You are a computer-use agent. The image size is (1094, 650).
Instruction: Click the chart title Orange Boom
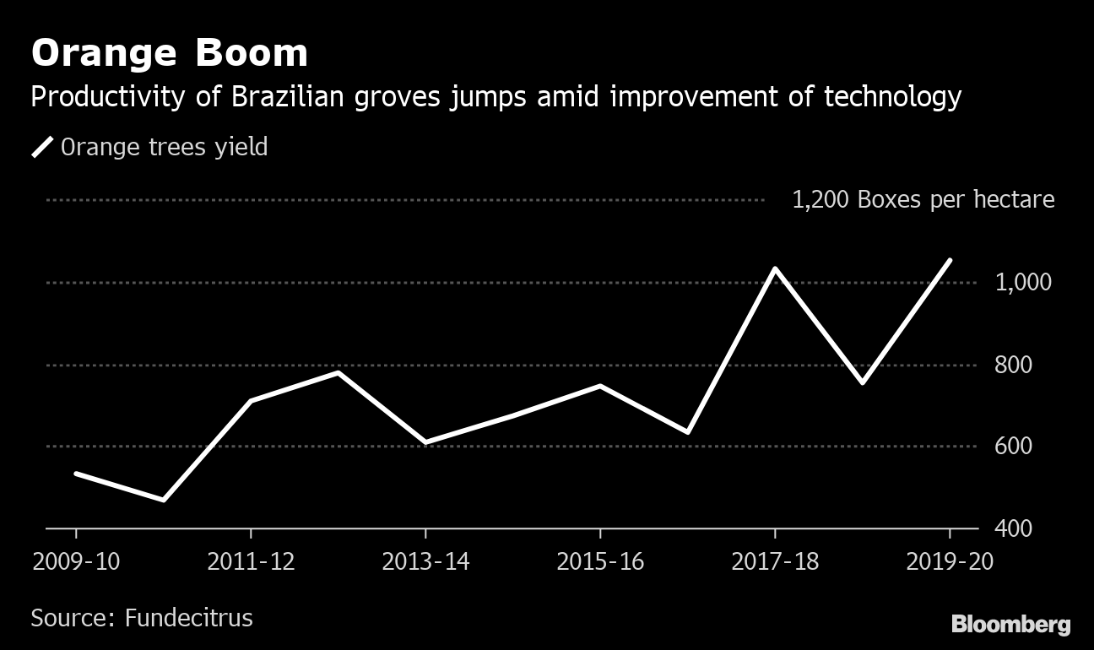point(169,53)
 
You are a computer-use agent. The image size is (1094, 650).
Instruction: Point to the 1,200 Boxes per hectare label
point(923,200)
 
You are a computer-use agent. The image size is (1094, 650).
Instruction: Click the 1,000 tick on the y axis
point(1023,282)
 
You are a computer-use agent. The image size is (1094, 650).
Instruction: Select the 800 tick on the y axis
point(1014,365)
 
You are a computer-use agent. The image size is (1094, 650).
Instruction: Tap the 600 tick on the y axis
point(1014,446)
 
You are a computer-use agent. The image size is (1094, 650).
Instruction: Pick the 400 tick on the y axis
point(1014,528)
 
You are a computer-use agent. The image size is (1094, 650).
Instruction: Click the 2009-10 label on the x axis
point(76,561)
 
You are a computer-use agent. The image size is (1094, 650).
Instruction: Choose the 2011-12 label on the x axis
point(251,561)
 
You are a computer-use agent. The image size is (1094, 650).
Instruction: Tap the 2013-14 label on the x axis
point(425,561)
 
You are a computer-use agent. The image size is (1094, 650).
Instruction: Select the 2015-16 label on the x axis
point(600,561)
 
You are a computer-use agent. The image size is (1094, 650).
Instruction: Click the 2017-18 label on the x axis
point(775,561)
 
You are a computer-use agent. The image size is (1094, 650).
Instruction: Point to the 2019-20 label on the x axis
point(950,561)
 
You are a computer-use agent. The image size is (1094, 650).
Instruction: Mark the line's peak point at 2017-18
point(775,268)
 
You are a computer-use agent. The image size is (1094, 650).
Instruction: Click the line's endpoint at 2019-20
point(950,260)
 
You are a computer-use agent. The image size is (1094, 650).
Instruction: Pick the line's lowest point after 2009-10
point(163,500)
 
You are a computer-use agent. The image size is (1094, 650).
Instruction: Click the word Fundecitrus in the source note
point(188,617)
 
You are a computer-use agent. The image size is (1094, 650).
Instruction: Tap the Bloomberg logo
point(1010,625)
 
